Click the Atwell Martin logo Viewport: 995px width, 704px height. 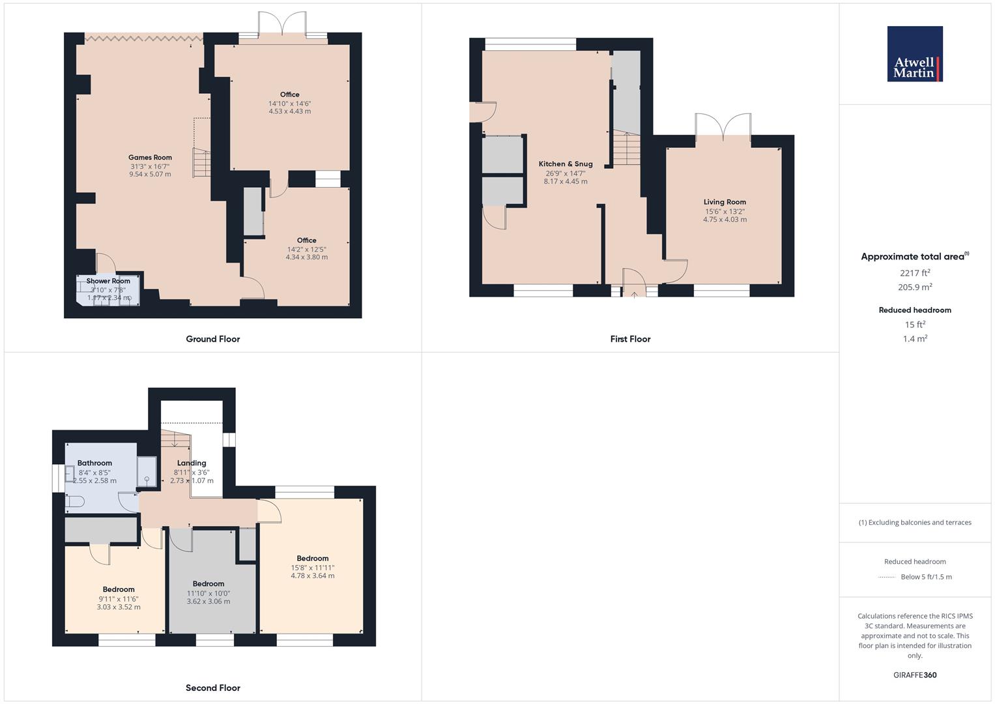tap(915, 54)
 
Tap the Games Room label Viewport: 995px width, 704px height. tap(150, 157)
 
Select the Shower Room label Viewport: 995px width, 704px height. tap(108, 281)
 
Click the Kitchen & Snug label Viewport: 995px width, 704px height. tap(566, 164)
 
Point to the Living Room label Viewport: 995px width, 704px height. tap(725, 202)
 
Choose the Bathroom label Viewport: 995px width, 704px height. tap(94, 463)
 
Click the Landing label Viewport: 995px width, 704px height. tap(192, 463)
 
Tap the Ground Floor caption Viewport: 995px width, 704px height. tap(213, 339)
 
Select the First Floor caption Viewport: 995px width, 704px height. tap(630, 339)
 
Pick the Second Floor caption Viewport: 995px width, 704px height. tap(213, 688)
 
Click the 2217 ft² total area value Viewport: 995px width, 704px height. tap(915, 273)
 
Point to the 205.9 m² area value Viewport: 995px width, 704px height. tap(915, 287)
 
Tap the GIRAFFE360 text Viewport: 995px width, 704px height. tap(915, 675)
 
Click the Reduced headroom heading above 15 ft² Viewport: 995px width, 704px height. tap(915, 310)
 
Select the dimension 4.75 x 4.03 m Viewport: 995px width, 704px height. tap(725, 220)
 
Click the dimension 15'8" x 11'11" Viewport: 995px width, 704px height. tap(313, 568)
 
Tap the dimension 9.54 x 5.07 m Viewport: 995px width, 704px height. tap(150, 174)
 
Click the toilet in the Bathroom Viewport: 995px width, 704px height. tap(74, 501)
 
